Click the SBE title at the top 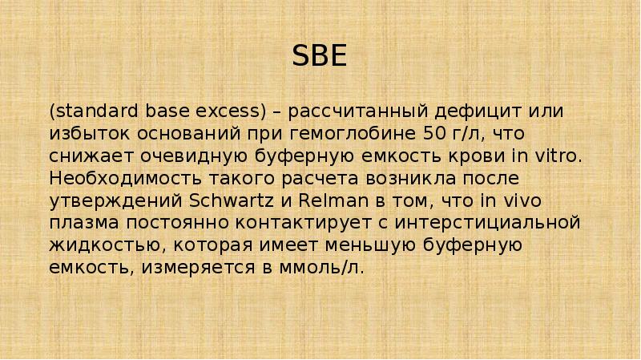pos(320,58)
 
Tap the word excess pos(232,109)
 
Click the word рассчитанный pos(357,109)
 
